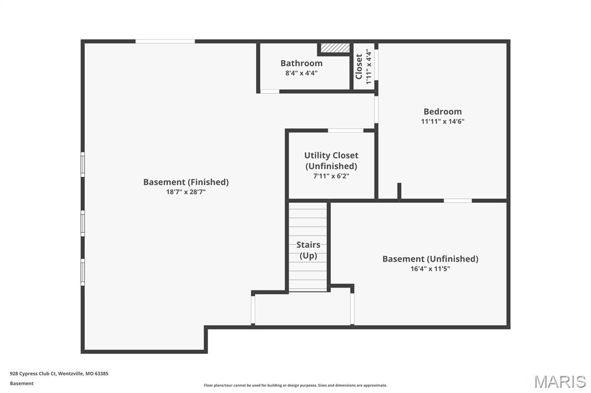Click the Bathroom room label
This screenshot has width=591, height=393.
(301, 63)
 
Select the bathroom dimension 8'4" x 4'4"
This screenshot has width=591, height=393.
(301, 73)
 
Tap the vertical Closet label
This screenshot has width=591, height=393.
(359, 66)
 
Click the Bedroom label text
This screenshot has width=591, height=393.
(443, 112)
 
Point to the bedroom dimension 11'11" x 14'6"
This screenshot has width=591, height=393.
(443, 122)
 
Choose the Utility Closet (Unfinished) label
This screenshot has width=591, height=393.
(331, 161)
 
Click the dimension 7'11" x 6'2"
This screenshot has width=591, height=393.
(331, 176)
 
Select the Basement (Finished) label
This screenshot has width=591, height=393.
(186, 182)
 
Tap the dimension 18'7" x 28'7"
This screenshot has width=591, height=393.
(186, 192)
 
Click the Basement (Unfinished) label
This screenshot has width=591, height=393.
(430, 259)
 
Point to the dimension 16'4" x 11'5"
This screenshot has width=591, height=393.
(430, 269)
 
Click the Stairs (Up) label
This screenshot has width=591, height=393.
(308, 250)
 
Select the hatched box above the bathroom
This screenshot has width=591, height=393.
(335, 48)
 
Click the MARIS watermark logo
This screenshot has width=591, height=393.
(560, 381)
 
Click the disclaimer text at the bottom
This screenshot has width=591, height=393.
(295, 386)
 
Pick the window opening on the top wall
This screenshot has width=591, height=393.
(165, 41)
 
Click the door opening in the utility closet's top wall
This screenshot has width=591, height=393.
(346, 131)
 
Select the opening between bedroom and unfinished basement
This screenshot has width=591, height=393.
(458, 201)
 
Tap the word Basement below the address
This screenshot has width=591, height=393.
(22, 383)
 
